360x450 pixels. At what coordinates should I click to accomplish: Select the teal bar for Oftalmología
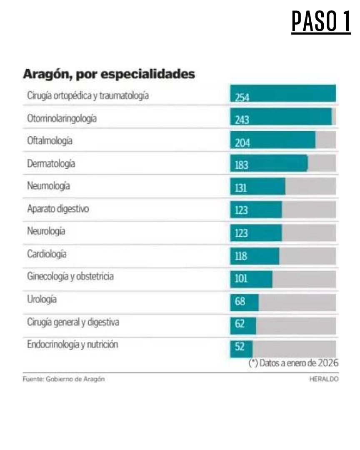pos(273,140)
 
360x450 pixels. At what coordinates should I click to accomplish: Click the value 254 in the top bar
pos(242,98)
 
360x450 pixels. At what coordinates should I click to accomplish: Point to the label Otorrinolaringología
pos(62,118)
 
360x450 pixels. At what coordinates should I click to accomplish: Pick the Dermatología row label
pos(51,164)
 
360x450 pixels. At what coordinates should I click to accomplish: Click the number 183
pos(241,165)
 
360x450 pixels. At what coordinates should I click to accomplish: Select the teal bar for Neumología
pos(257,186)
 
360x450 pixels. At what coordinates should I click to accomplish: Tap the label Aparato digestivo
pos(58,209)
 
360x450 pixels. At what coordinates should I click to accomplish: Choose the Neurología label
pos(46,231)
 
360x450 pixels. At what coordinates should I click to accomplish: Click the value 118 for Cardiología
pos(241,256)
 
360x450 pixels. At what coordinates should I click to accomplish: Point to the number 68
pos(240,301)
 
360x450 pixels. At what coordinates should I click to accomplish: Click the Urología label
pos(42,299)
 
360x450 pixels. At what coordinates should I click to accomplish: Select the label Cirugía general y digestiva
pos(73,322)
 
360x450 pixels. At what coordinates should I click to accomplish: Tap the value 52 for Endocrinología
pos(240,346)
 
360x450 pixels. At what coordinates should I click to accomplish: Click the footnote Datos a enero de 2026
pos(293,363)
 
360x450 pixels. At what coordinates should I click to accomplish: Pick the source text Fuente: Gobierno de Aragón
pos(63,379)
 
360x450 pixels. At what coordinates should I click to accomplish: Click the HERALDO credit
pos(324,379)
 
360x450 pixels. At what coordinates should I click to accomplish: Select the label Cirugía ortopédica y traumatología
pos(88,96)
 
